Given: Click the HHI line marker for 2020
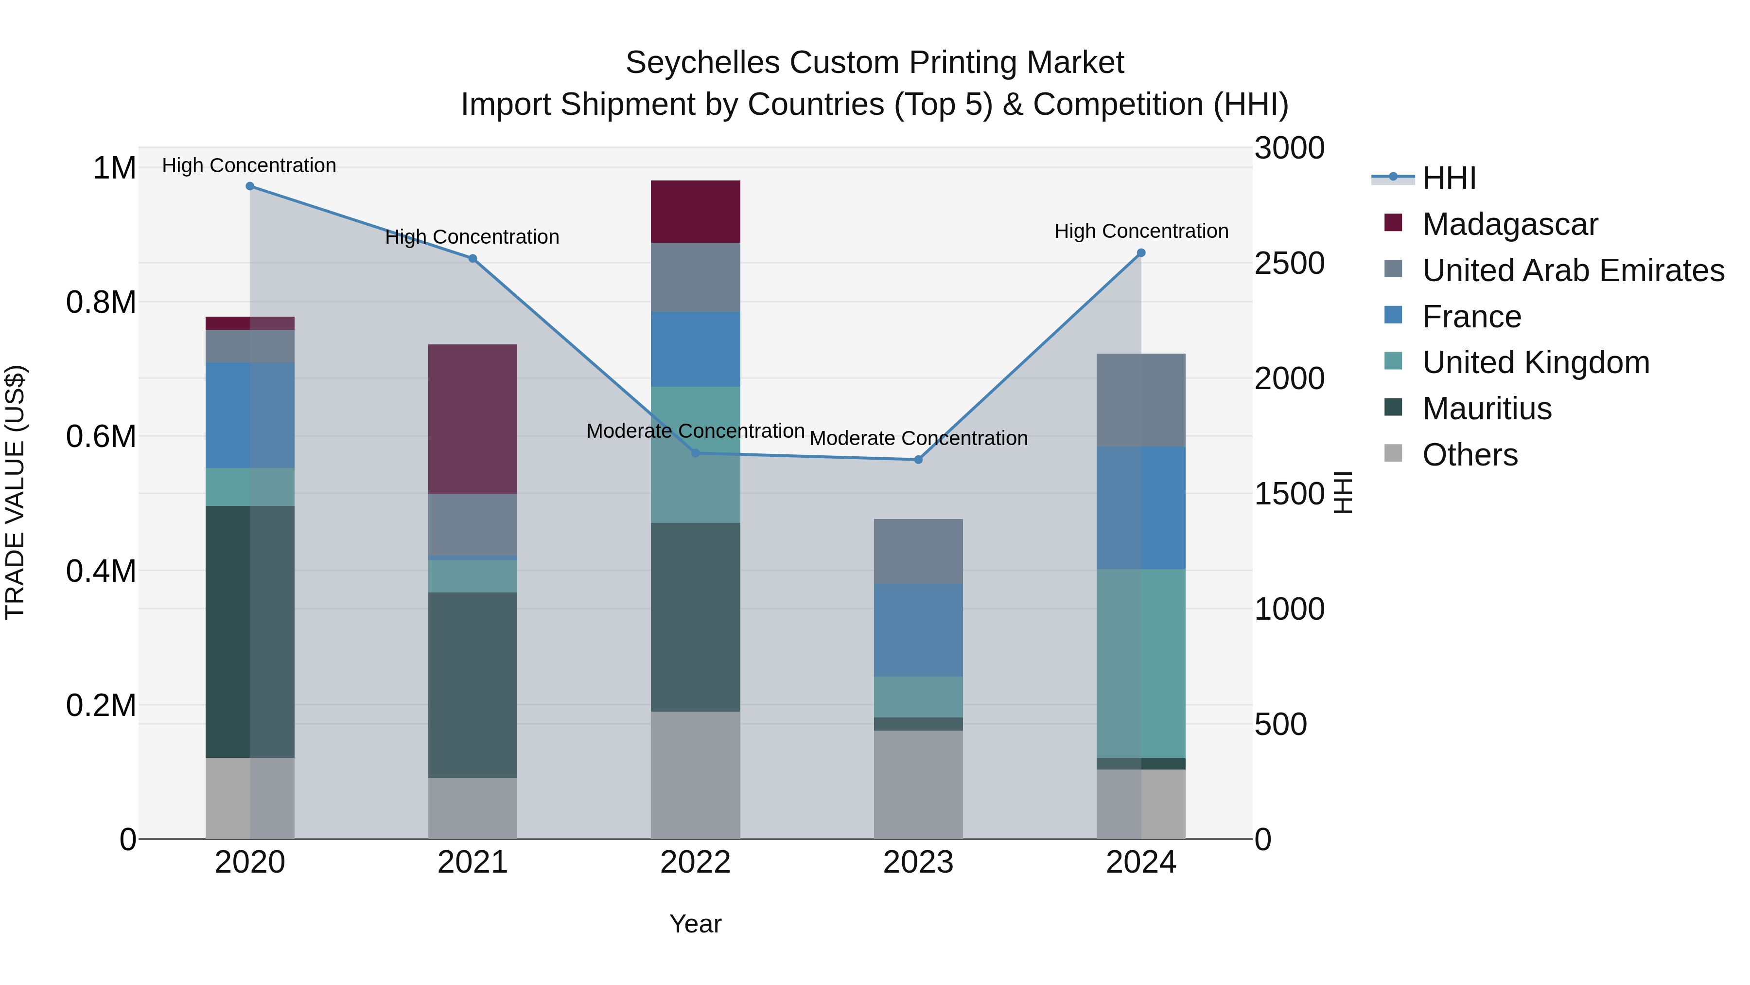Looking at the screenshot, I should (249, 186).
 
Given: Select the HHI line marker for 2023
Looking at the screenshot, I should (918, 460).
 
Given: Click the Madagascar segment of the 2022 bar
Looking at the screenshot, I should (695, 212).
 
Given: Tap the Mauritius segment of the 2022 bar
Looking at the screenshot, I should (695, 617).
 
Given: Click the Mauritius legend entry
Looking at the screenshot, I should (1487, 409).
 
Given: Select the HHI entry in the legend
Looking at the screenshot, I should (1449, 178).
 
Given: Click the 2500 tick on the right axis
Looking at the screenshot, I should (1289, 264).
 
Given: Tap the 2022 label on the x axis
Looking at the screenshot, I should (695, 862).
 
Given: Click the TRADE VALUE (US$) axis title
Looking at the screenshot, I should (15, 492).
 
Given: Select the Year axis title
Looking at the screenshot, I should (695, 924).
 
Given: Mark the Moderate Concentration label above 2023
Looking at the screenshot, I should (918, 438).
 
